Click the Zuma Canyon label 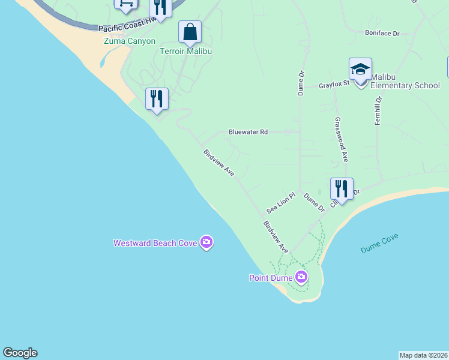pos(129,41)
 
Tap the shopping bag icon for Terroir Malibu pos(190,32)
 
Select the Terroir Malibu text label pos(185,51)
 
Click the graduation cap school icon pos(360,70)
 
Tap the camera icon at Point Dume pos(301,277)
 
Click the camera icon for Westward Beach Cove pos(206,242)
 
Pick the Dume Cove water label pos(379,242)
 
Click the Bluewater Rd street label pos(248,132)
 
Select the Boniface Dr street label pos(382,34)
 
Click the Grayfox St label pos(334,85)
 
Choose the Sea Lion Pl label pos(282,203)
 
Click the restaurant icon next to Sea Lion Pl pos(341,189)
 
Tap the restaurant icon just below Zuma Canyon pos(157,99)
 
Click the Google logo pos(20,353)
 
